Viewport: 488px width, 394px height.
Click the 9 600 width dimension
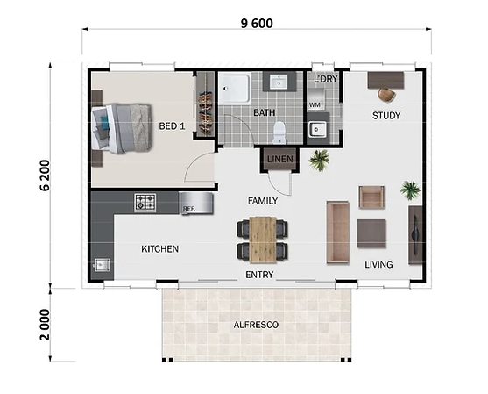click(257, 24)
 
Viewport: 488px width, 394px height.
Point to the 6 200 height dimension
click(45, 176)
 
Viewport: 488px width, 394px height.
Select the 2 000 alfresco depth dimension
click(45, 325)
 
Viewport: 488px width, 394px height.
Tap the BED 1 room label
click(172, 126)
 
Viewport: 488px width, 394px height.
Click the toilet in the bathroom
click(279, 133)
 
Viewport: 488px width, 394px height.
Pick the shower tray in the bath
click(235, 89)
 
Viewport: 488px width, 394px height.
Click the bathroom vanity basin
click(279, 82)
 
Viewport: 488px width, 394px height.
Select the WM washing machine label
click(315, 105)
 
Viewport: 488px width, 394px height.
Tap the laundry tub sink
click(317, 129)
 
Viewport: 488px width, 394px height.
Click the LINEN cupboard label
click(280, 160)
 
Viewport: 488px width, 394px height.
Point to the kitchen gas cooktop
click(145, 203)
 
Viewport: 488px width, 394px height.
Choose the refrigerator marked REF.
click(197, 204)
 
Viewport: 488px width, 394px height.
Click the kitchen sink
click(102, 265)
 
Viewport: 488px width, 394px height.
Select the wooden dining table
click(263, 240)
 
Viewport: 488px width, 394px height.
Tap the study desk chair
click(387, 95)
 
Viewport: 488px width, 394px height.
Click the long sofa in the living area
click(337, 233)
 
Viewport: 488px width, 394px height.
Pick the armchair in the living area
click(371, 197)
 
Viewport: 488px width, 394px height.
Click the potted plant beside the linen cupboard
click(319, 160)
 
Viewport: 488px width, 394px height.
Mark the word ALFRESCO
click(256, 325)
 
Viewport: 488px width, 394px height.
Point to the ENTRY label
click(259, 275)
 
